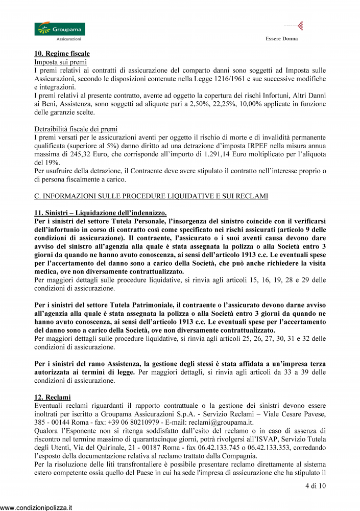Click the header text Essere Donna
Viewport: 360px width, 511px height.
click(282, 39)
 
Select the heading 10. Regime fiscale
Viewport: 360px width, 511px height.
click(62, 53)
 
